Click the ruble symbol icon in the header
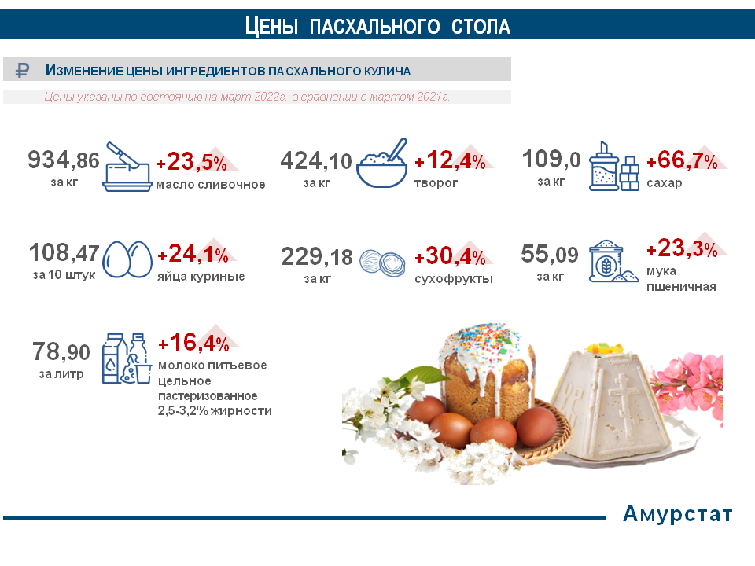22,70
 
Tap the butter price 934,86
64,160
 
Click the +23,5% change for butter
192,162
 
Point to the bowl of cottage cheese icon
382,164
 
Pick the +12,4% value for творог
450,160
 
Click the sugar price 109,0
551,159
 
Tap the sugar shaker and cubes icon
614,166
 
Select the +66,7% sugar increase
682,160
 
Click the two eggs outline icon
127,259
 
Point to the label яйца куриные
201,276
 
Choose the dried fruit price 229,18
317,256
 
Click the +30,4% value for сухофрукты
450,256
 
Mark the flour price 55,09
550,254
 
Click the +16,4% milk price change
194,343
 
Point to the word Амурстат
677,514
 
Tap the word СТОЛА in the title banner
481,27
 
